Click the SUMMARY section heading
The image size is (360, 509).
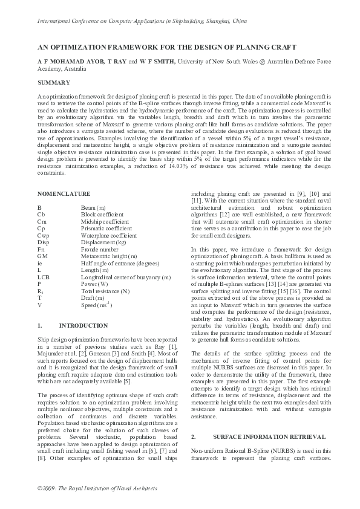(x=53, y=82)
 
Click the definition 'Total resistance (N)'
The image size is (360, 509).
(x=103, y=290)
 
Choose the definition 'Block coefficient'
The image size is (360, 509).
(x=98, y=214)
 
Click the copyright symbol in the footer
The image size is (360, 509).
(x=40, y=487)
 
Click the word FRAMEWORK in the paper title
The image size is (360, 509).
(x=128, y=47)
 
